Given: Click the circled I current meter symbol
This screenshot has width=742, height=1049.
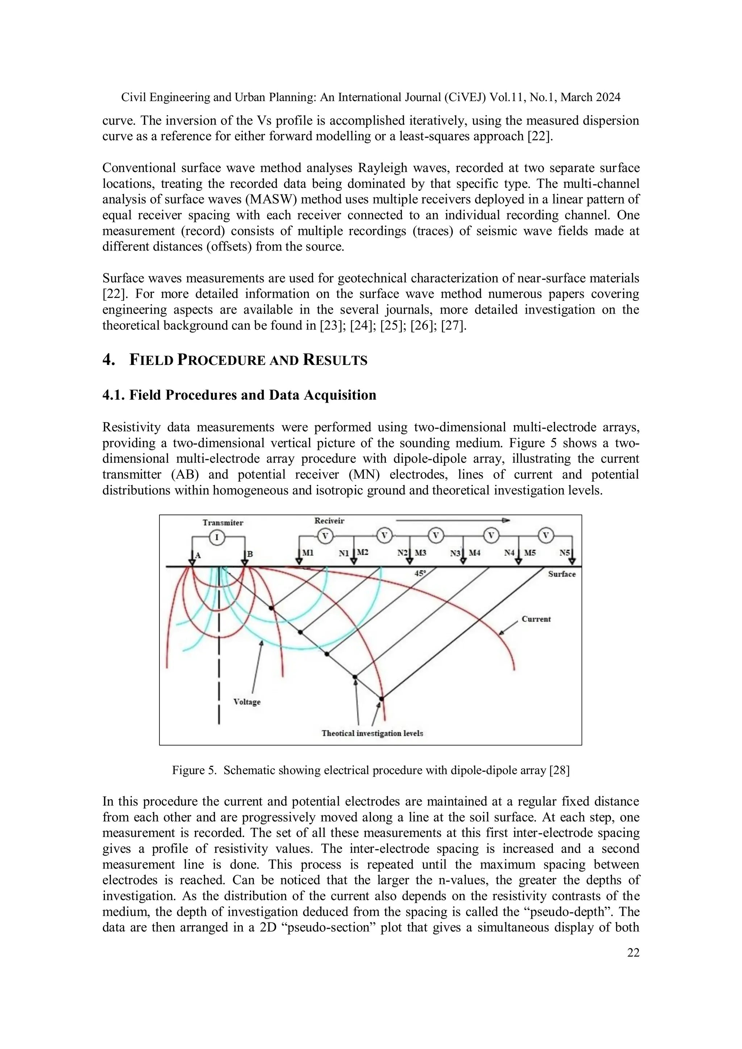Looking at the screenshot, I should click(x=217, y=538).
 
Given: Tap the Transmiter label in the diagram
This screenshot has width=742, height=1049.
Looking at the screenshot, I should click(x=223, y=523).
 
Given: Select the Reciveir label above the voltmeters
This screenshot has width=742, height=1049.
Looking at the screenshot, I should click(x=329, y=521).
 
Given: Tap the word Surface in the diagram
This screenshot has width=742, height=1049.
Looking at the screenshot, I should click(x=562, y=574).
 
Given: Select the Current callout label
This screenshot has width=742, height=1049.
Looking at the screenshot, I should click(x=536, y=619).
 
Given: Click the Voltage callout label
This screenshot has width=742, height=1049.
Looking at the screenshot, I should click(x=247, y=702).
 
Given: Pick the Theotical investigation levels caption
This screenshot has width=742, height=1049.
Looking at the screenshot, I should click(x=372, y=733).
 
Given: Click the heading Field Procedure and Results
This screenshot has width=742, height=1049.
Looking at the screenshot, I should click(x=248, y=360).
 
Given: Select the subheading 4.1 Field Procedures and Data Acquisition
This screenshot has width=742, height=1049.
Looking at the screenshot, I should click(x=239, y=395).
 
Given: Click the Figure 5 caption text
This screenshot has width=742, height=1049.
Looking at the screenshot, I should click(x=370, y=770).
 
